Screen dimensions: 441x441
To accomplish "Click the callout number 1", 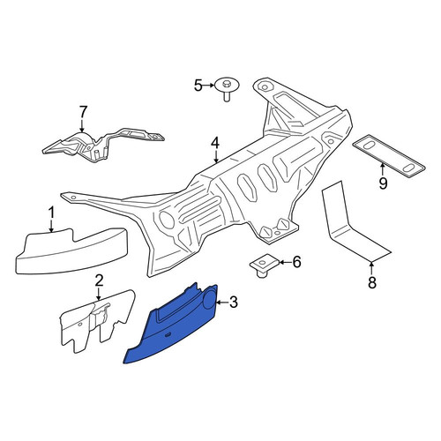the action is (x=52, y=213).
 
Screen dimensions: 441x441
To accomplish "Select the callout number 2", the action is (x=99, y=280).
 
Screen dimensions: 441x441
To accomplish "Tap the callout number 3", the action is (x=233, y=303).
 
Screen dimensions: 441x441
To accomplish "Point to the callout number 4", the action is (x=215, y=144).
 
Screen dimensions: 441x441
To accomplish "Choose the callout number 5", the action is (x=198, y=86).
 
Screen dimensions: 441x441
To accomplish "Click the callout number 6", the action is (x=297, y=262).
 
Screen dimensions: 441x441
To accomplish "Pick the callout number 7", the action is (x=83, y=112).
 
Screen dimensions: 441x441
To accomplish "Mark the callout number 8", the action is (x=372, y=283).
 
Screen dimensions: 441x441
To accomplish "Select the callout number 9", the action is (x=383, y=183).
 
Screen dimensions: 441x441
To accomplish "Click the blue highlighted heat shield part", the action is (x=174, y=326).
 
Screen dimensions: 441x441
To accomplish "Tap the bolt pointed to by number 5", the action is (x=226, y=89).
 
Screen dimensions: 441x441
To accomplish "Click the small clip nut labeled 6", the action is (x=265, y=264).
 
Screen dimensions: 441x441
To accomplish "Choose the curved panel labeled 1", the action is (x=71, y=251).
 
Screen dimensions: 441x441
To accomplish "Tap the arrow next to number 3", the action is (x=222, y=303).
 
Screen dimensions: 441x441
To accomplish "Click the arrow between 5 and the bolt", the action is (x=209, y=86).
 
